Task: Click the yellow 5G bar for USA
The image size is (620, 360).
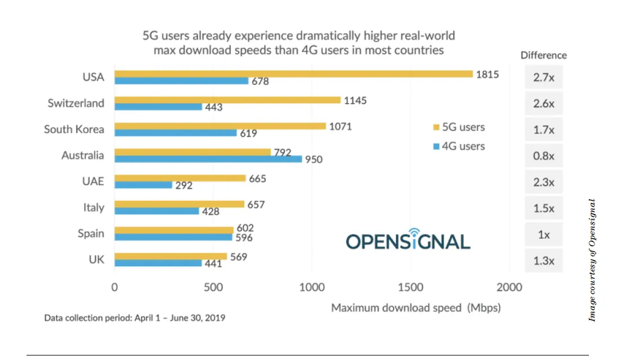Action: point(293,74)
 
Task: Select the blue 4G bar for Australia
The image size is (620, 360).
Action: point(208,159)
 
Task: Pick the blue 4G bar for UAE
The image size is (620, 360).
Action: point(143,185)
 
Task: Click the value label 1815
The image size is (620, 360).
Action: point(487,74)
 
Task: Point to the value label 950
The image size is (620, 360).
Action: point(314,160)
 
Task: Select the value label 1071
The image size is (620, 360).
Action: point(340,126)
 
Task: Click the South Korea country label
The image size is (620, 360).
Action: point(74,129)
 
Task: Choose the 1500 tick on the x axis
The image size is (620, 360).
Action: point(411,287)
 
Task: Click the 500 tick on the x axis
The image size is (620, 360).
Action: point(213,287)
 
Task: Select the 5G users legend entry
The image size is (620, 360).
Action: point(458,127)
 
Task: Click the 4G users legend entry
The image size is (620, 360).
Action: point(458,146)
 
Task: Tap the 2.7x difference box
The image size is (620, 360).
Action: point(544,78)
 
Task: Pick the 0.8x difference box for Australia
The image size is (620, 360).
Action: point(544,156)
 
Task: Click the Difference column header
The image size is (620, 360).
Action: point(543,55)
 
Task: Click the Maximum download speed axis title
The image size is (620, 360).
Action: point(416,308)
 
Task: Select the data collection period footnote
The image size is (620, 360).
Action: point(135,318)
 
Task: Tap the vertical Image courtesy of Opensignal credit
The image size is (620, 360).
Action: point(592,260)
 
